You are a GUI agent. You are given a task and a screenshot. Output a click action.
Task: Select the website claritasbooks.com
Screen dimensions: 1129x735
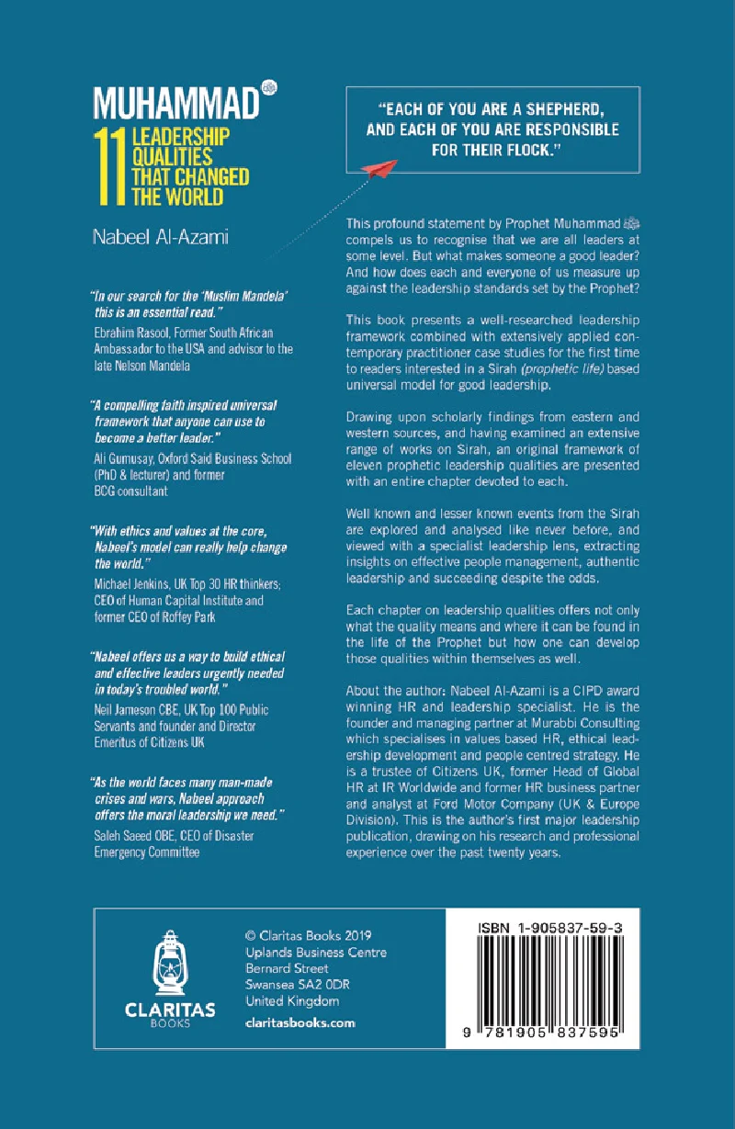click(x=300, y=1022)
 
